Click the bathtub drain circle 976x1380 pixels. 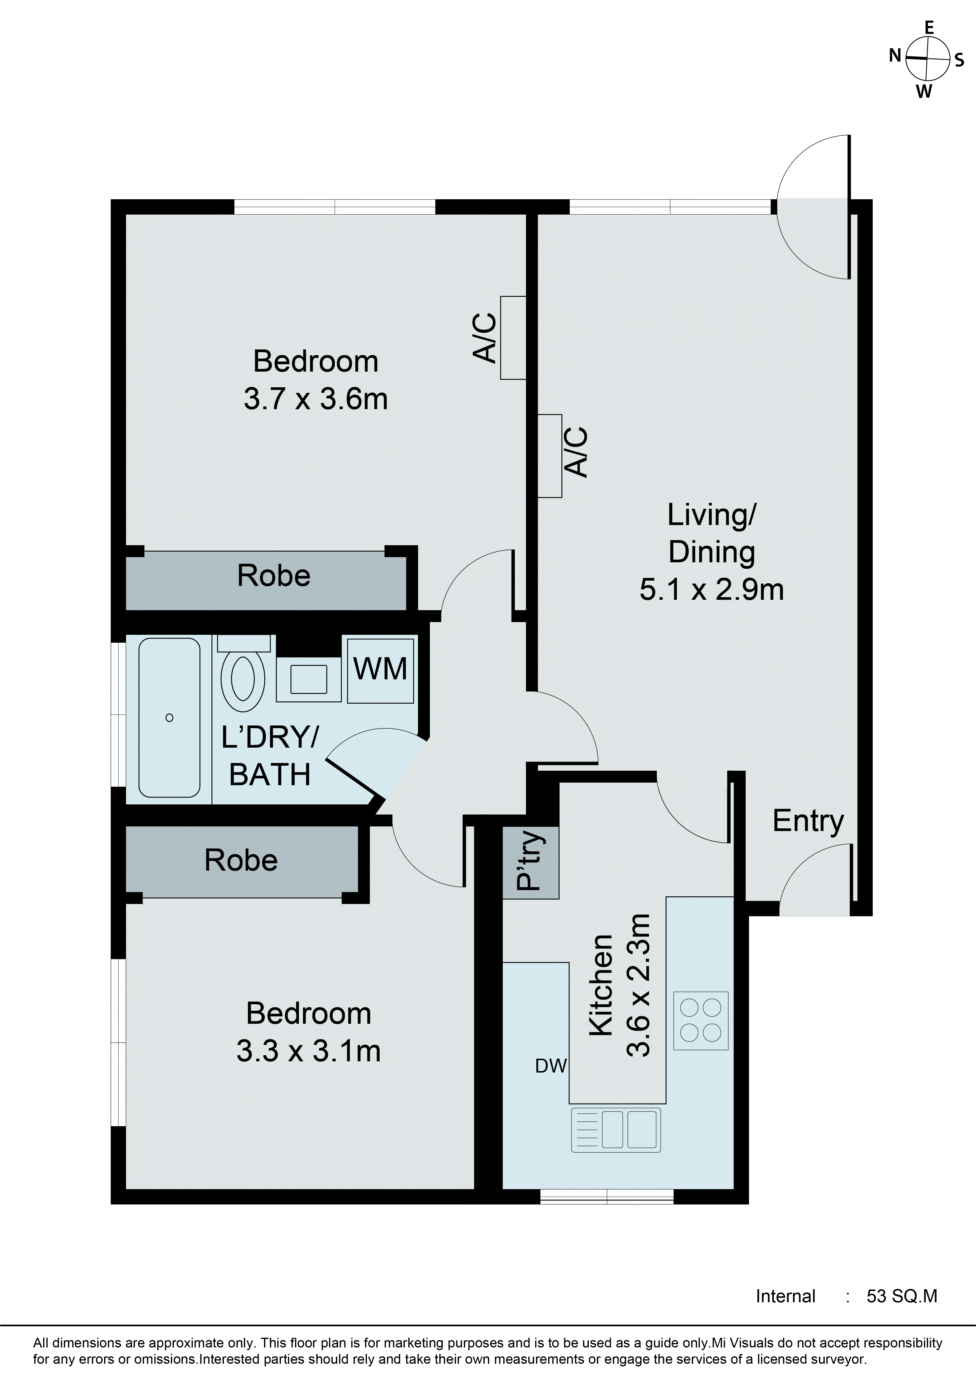169,718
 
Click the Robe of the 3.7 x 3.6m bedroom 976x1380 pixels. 273,576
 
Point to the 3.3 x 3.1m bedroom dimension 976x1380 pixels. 308,1051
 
